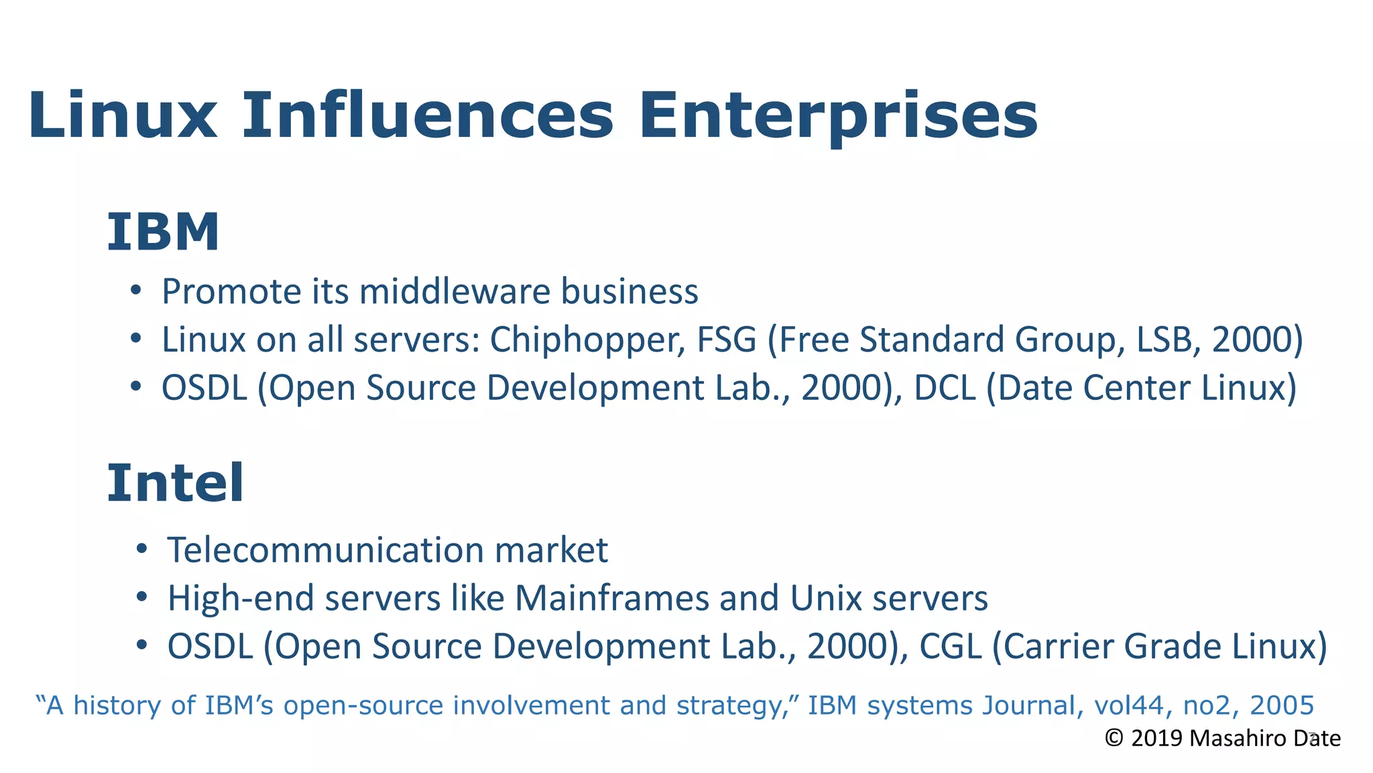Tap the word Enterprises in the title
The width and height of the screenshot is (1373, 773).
(x=838, y=116)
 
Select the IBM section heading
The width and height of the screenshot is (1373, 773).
(x=163, y=232)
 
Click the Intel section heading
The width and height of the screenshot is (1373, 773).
(x=176, y=483)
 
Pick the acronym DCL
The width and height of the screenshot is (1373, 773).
(x=944, y=388)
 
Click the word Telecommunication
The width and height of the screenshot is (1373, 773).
(x=325, y=550)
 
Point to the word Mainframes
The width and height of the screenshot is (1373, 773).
(x=611, y=598)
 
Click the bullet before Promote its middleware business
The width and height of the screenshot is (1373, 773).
(x=136, y=291)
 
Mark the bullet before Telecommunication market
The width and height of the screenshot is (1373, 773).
(x=141, y=549)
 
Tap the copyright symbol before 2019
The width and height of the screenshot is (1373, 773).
(x=1114, y=738)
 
